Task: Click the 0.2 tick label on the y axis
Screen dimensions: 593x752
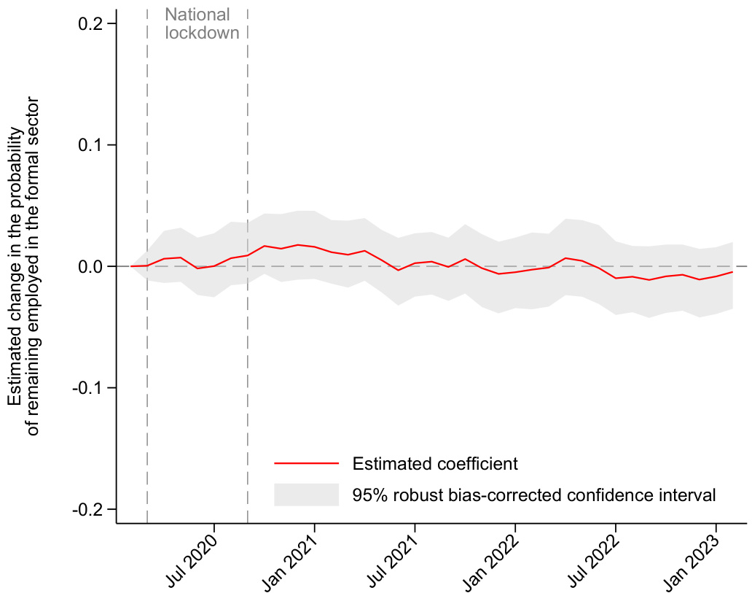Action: tap(93, 24)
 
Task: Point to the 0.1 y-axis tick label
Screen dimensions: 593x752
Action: tap(93, 145)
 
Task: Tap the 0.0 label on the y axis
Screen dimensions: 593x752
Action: tap(93, 266)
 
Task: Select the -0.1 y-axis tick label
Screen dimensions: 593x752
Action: tap(91, 388)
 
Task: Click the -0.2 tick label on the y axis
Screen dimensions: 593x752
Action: tap(91, 509)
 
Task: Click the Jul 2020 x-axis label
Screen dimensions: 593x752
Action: tap(195, 554)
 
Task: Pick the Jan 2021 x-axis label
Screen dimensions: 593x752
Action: tap(294, 554)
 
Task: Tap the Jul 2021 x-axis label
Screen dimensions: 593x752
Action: tap(395, 554)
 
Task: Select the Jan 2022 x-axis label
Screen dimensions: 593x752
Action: tap(496, 554)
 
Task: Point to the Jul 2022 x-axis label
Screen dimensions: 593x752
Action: tap(596, 554)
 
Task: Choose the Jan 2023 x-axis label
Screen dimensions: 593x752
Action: tap(697, 554)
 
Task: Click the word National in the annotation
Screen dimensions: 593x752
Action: tap(197, 15)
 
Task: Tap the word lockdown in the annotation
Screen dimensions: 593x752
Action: tap(202, 33)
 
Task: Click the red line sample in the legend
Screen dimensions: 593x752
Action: tap(307, 463)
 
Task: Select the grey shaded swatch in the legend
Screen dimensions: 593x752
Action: tap(307, 495)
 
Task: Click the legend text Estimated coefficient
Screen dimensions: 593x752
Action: tap(435, 463)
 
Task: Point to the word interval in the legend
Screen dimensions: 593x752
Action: tap(692, 495)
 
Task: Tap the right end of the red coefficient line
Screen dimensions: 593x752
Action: tap(732, 272)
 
